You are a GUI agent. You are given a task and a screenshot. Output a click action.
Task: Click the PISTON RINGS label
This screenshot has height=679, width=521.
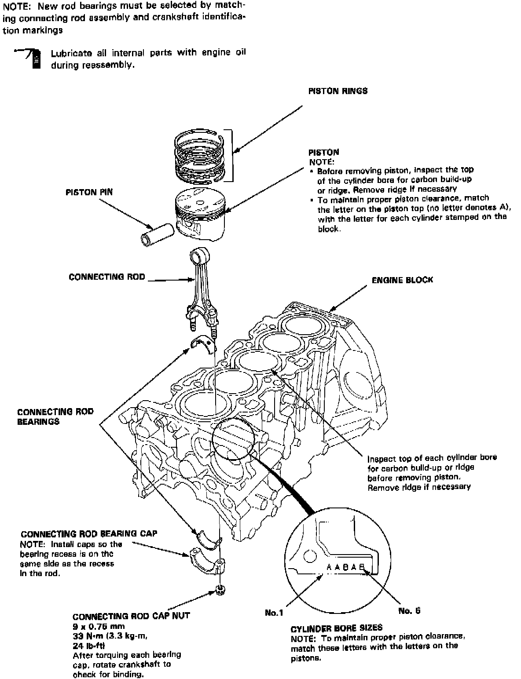click(x=338, y=91)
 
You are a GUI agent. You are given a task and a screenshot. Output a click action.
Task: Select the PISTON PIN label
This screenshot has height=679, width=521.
click(x=89, y=192)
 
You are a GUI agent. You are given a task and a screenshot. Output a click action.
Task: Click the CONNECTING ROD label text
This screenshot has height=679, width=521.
click(x=106, y=277)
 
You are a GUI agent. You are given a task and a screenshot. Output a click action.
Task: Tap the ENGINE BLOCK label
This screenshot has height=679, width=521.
click(x=402, y=280)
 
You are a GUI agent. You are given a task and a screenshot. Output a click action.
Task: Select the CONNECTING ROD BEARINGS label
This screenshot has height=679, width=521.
click(x=55, y=416)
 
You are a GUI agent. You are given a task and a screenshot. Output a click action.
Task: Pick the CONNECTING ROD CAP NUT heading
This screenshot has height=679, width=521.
click(x=131, y=616)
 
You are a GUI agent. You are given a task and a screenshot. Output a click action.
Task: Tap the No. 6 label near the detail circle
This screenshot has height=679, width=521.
click(x=409, y=611)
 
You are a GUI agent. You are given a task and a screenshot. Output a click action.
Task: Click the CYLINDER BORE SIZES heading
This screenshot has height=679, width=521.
click(x=336, y=628)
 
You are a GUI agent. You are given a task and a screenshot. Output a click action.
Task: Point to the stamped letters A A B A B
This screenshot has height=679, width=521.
click(x=346, y=567)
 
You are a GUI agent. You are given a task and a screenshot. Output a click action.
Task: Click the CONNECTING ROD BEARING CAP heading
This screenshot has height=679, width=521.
click(x=89, y=534)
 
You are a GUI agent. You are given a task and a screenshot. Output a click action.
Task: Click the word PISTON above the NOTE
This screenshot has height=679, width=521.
click(x=323, y=153)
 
